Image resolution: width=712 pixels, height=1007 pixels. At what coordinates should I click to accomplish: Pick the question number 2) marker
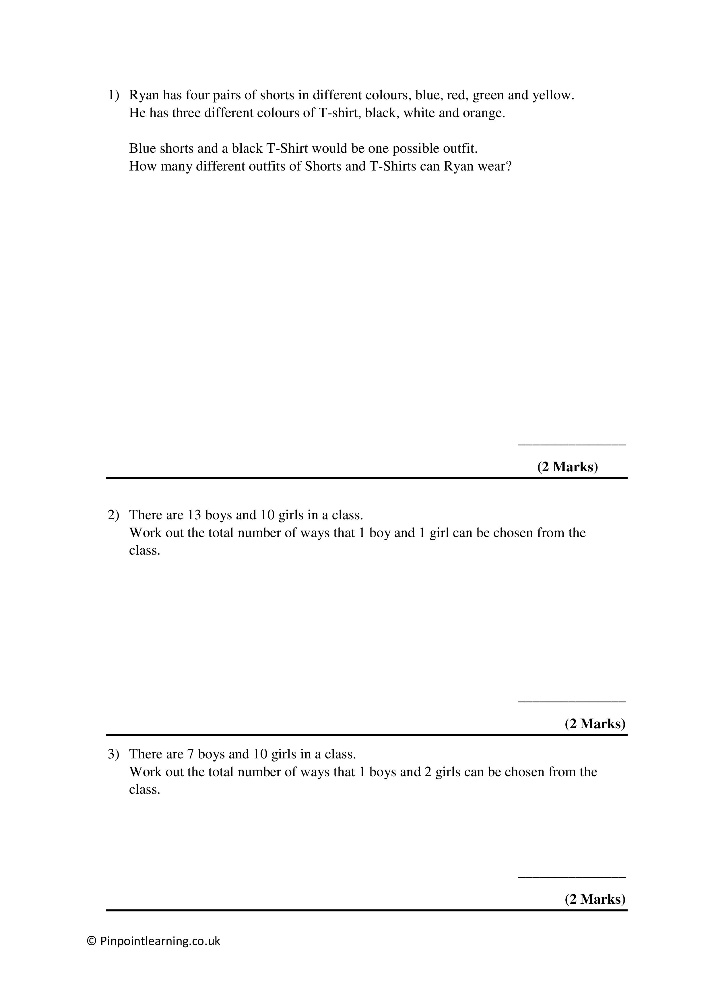coord(113,515)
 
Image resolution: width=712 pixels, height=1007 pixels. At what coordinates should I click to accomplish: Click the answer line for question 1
coord(572,445)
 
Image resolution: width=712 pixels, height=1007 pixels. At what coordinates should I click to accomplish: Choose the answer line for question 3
coord(572,877)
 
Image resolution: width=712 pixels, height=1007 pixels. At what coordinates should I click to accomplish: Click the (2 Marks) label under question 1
coord(567,467)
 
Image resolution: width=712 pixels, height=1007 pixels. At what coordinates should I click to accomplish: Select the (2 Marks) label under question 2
coord(595,723)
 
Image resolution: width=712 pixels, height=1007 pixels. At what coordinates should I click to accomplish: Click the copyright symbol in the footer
coord(92,941)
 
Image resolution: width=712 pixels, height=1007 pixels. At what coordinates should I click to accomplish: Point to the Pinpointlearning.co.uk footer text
coord(160,941)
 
